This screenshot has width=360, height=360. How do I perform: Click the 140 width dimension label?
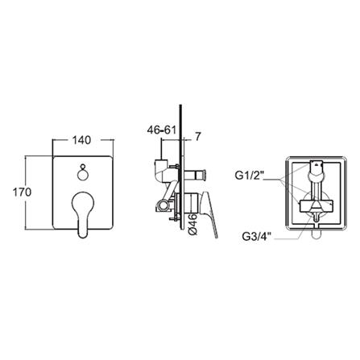coord(82,140)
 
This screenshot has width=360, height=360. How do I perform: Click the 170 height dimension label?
coord(23,192)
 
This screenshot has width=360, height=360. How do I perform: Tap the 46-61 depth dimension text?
coord(161,130)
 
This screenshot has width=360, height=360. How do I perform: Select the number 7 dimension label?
coord(197,137)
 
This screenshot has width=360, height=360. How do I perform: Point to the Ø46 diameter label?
coord(193,225)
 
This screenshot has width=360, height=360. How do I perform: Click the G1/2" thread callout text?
coord(250,176)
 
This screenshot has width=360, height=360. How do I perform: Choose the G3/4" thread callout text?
coord(257,237)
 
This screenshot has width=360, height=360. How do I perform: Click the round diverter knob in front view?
coord(82,176)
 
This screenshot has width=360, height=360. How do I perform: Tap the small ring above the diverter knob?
coord(82,167)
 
